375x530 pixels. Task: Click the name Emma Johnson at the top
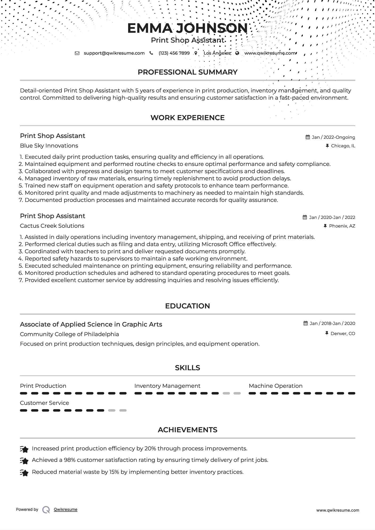[187, 28]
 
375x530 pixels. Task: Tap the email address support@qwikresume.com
[114, 53]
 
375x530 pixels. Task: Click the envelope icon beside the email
[77, 53]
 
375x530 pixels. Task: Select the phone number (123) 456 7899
[174, 53]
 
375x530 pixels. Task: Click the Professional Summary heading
[187, 72]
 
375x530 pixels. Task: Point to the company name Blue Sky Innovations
[49, 146]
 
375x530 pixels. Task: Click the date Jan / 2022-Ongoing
[333, 137]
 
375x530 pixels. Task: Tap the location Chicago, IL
[343, 146]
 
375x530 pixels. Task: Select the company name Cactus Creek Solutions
[52, 226]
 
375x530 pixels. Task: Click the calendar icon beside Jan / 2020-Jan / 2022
[305, 217]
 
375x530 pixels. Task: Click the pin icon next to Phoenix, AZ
[325, 226]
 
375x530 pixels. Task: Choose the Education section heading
[187, 306]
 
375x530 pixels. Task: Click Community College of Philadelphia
[69, 334]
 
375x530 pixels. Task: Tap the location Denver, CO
[342, 333]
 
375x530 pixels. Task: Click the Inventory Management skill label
[167, 386]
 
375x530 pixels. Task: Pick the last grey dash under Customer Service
[123, 410]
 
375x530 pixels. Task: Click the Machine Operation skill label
[276, 386]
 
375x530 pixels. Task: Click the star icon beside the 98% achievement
[24, 461]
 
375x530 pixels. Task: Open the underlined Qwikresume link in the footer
[66, 509]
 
